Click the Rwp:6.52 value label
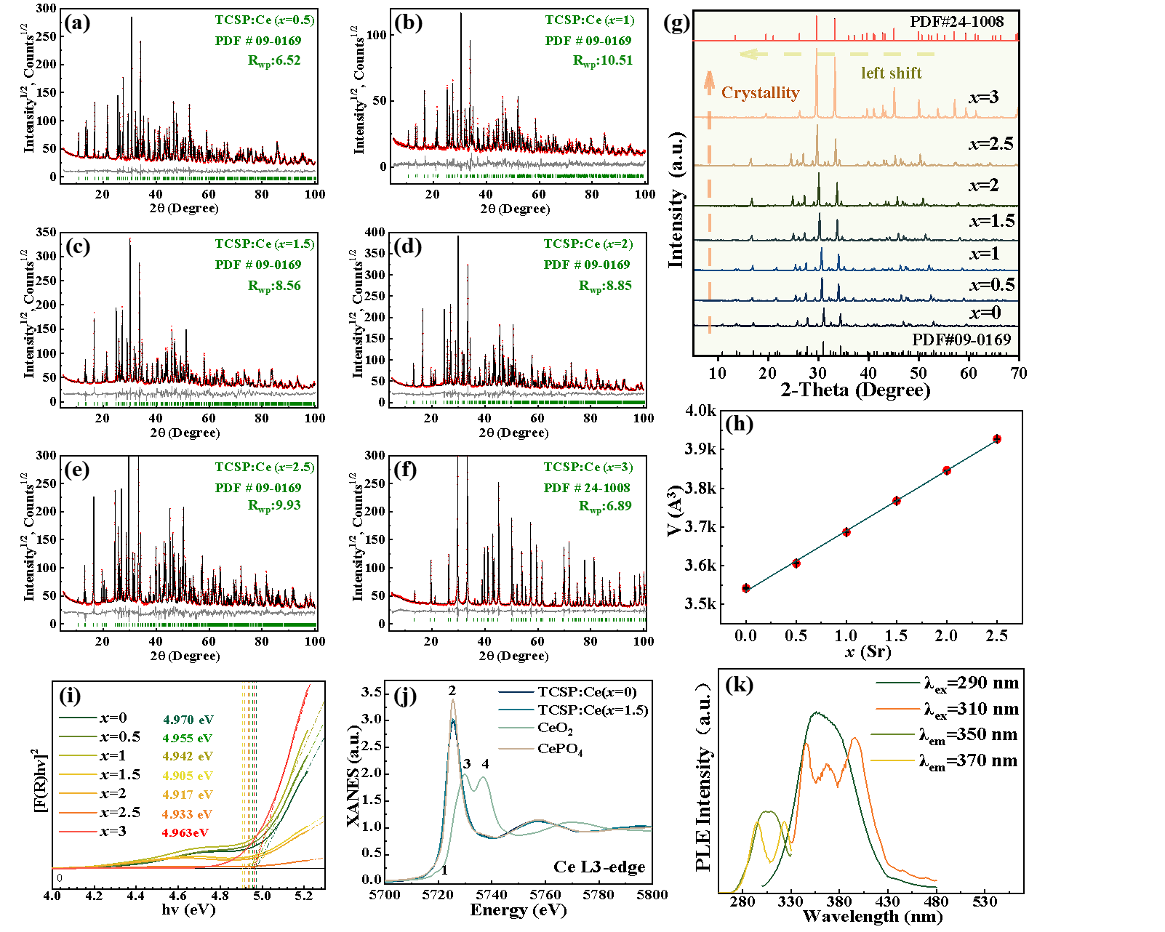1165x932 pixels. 274,60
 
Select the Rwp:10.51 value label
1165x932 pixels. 603,60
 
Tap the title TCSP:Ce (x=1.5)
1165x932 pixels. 265,244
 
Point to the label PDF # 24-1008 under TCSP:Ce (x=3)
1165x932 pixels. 587,488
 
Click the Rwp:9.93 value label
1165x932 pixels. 274,505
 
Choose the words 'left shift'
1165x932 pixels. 891,73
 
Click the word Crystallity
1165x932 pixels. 760,92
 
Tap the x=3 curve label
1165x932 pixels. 983,97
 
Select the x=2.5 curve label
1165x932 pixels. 990,143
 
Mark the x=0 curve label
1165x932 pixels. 985,313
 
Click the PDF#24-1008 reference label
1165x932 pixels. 956,22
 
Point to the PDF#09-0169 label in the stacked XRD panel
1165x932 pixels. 961,340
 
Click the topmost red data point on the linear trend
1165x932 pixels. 997,439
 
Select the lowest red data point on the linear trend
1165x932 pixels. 746,588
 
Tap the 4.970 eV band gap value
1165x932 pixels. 188,720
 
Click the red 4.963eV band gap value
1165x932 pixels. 185,832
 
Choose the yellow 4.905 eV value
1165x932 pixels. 188,776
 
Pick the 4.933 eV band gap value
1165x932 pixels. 187,814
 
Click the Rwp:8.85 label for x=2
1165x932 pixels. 605,286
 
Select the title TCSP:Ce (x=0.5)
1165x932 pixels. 265,20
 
